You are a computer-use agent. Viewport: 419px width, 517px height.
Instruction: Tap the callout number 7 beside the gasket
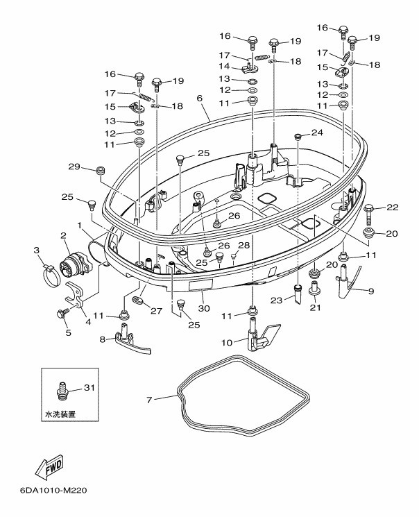coord(150,399)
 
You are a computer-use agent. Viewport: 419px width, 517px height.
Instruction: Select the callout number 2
coord(63,236)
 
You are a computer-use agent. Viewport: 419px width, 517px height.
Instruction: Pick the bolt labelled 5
coord(62,314)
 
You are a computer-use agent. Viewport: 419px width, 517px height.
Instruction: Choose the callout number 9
coord(371,291)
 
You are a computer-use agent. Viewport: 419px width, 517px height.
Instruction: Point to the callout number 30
coord(204,308)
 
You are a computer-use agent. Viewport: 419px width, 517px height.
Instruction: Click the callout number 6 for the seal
coord(200,99)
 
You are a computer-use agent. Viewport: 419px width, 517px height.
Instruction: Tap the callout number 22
coord(392,207)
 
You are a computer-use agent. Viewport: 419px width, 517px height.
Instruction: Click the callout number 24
coord(316,132)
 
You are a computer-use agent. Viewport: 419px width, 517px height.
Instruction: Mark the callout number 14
coord(225,67)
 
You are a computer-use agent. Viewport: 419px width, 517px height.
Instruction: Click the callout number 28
coord(243,245)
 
